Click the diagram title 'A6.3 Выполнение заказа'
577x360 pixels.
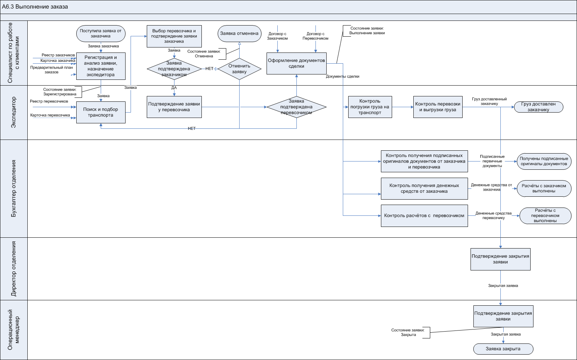click(35, 7)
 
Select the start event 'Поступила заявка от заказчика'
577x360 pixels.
click(101, 33)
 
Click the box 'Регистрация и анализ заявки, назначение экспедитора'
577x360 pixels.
click(101, 66)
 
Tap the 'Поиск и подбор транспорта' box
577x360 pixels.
click(101, 112)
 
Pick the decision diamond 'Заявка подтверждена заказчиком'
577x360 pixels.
click(174, 69)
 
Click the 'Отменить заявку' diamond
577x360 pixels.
click(239, 69)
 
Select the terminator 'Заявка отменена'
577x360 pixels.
click(239, 33)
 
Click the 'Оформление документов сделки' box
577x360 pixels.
click(296, 63)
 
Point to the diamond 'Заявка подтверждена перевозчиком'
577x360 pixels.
click(296, 107)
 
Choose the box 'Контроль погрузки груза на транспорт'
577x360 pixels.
click(370, 107)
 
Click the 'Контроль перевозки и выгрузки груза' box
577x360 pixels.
click(438, 107)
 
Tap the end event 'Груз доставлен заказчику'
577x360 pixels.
click(539, 107)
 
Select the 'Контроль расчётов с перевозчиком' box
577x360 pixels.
click(424, 216)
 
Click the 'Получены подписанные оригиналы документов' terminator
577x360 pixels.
click(544, 161)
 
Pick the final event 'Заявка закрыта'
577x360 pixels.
click(503, 349)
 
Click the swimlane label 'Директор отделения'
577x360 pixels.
click(14, 269)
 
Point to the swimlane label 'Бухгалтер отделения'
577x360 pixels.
click(14, 188)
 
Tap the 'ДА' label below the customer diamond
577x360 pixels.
click(174, 88)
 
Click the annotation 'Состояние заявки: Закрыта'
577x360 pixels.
click(408, 332)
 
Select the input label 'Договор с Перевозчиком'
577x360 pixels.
click(315, 36)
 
